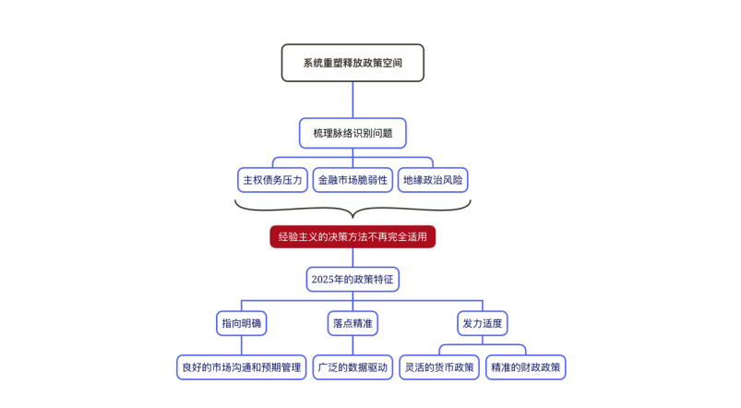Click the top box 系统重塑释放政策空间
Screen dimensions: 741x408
(353, 63)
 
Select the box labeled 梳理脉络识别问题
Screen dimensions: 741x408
(353, 133)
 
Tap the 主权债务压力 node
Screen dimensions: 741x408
(272, 180)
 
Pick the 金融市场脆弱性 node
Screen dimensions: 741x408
(353, 180)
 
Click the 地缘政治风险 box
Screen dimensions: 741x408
(433, 180)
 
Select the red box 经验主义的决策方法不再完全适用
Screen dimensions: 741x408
(353, 237)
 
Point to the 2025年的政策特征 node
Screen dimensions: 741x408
(353, 280)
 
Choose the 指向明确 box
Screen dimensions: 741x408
(242, 323)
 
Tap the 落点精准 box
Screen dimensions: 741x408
(353, 323)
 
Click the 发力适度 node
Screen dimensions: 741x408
(483, 323)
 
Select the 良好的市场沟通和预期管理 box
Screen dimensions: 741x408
(242, 367)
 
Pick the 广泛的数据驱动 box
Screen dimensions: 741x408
(353, 367)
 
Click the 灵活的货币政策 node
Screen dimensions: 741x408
(439, 367)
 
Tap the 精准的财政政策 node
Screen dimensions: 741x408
(525, 367)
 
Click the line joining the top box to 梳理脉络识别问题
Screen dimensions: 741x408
(353, 100)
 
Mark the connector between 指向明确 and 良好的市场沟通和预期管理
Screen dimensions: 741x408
(242, 345)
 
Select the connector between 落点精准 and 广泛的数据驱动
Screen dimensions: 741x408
(353, 345)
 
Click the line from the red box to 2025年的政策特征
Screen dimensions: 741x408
(353, 258)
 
